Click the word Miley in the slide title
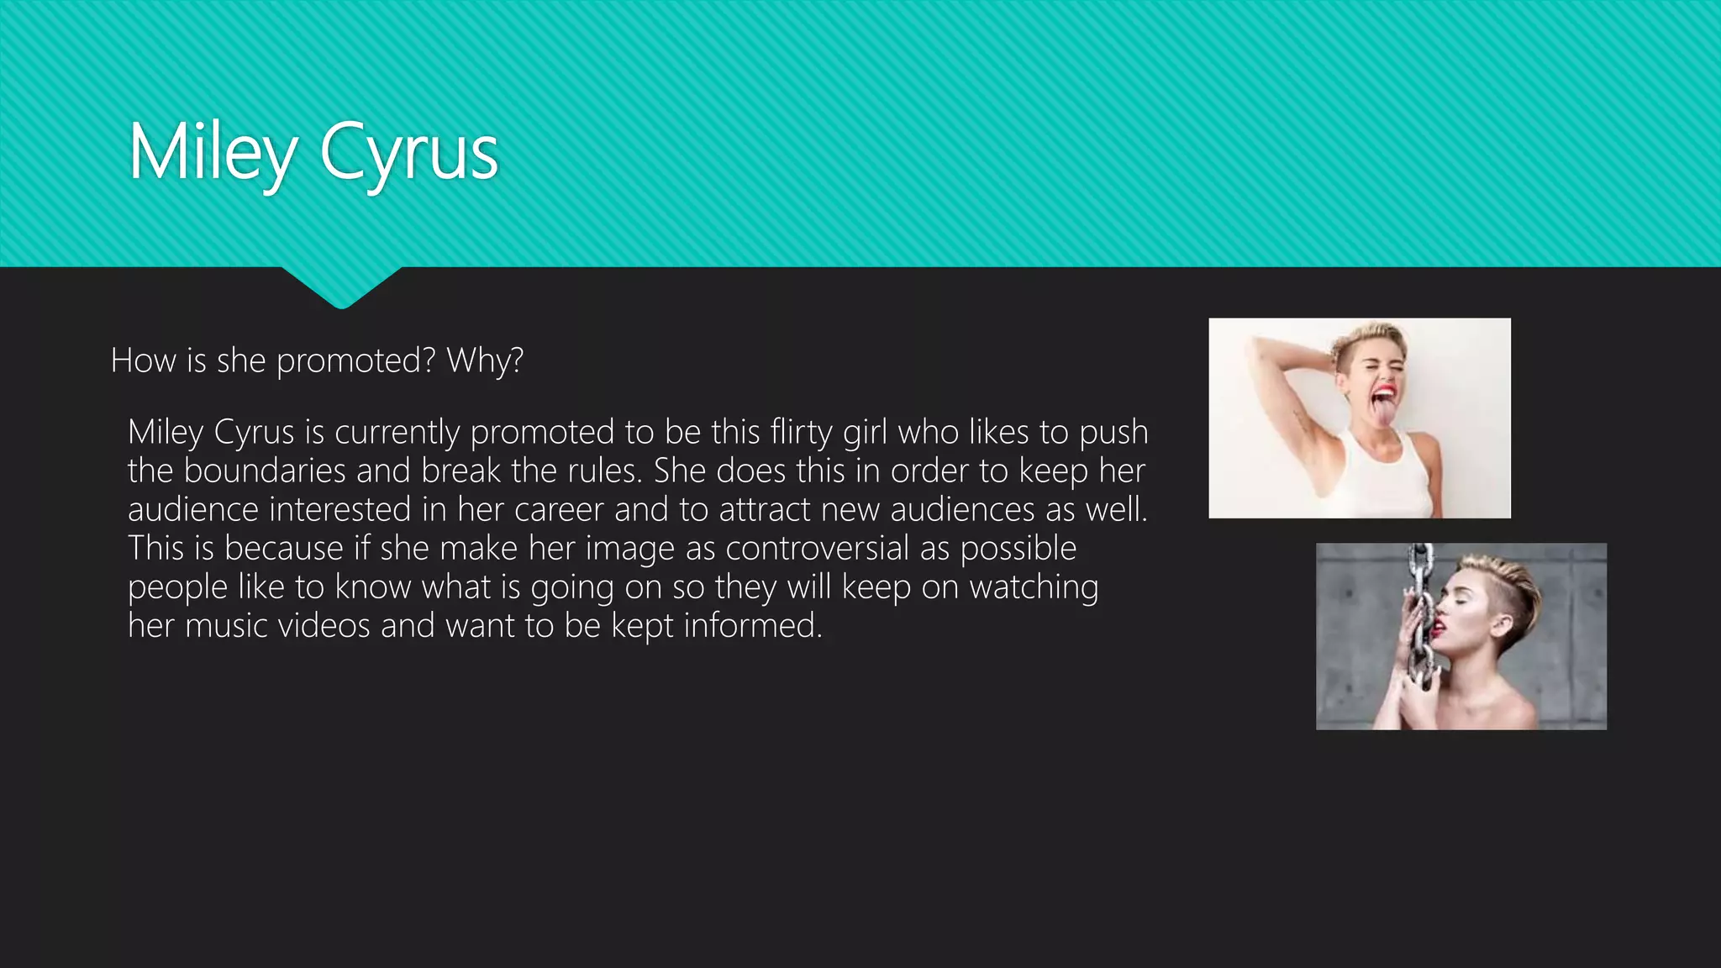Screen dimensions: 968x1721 tap(213, 153)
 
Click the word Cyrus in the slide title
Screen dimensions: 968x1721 tap(408, 153)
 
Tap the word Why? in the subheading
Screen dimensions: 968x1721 tap(485, 360)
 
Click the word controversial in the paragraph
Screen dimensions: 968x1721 tap(818, 548)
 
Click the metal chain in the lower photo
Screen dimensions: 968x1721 tap(1420, 613)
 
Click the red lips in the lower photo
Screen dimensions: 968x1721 tap(1439, 627)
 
